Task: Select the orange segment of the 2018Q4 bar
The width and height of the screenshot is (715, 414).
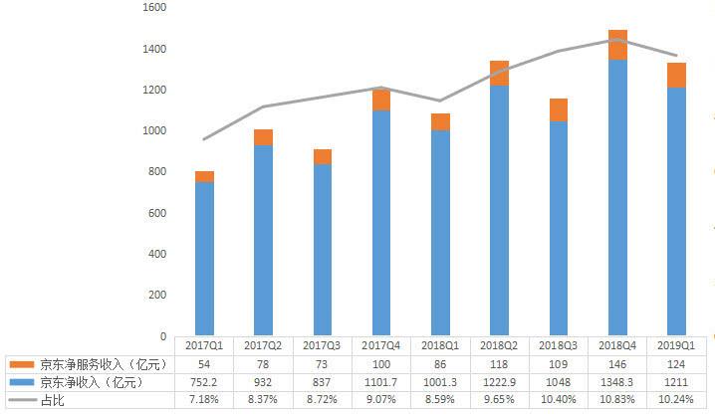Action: (617, 45)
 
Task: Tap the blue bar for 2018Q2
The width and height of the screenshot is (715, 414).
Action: (499, 210)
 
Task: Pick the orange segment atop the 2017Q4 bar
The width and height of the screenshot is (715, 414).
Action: (381, 100)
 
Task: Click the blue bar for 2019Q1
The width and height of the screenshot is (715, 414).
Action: (676, 211)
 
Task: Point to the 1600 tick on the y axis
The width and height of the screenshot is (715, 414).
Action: (153, 7)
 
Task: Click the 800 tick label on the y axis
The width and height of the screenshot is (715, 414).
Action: (156, 172)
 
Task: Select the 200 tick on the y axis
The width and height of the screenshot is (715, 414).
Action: (156, 296)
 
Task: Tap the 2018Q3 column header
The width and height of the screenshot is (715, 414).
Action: (559, 344)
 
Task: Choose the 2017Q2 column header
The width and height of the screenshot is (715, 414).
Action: (264, 344)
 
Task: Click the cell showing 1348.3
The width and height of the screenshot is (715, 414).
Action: (617, 382)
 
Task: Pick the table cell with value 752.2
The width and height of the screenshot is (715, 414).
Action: (205, 382)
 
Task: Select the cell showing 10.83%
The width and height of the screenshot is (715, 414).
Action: (617, 400)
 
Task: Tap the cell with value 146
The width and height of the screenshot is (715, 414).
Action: (617, 363)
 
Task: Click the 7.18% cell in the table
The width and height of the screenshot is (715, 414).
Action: (205, 400)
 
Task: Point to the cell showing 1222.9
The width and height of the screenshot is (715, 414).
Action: (499, 382)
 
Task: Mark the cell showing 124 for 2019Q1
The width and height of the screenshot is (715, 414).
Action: (676, 363)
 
